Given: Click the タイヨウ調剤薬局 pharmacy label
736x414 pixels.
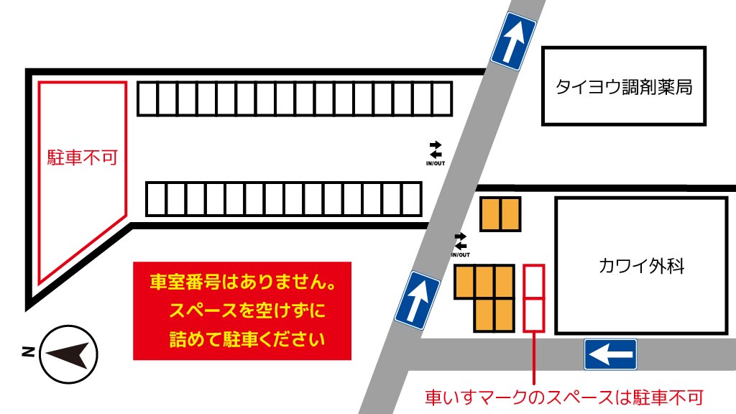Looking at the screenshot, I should tap(623, 87).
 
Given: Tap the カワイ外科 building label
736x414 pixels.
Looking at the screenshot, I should tap(641, 266).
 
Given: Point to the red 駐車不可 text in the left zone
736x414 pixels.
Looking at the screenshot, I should tap(82, 157).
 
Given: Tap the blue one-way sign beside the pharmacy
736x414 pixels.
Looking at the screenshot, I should tap(513, 41).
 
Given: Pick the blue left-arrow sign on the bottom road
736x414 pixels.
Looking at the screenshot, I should tap(609, 354).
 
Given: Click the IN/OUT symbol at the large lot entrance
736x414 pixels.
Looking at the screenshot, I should tap(436, 152).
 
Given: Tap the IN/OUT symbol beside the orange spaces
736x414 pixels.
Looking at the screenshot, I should tap(460, 244).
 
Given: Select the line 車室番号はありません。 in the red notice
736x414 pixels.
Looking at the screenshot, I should tap(241, 282).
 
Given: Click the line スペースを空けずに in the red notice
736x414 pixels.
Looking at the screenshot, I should tap(241, 310).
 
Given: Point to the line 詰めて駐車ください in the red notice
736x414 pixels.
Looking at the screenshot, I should tap(241, 339).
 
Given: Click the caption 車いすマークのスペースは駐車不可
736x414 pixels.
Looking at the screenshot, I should tap(563, 397).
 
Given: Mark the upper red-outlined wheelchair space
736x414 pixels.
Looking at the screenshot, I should tap(534, 281).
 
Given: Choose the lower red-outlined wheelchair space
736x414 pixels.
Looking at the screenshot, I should tap(534, 314).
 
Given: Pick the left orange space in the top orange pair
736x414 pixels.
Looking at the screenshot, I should tap(491, 213).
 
